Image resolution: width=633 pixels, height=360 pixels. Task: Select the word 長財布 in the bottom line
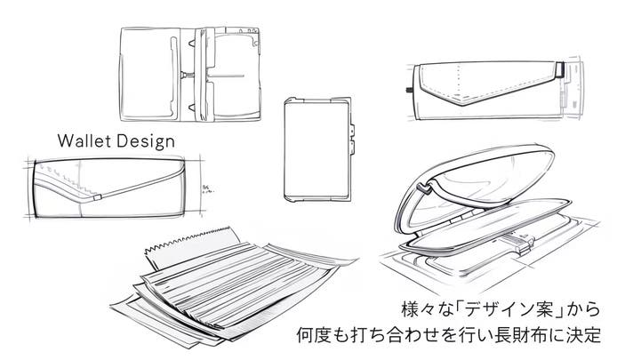pyautogui.click(x=528, y=337)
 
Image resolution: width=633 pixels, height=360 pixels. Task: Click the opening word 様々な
pyautogui.click(x=422, y=311)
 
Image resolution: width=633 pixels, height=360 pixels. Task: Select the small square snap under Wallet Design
pyautogui.click(x=104, y=195)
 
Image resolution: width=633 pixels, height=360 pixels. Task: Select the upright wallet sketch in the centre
pyautogui.click(x=317, y=149)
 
